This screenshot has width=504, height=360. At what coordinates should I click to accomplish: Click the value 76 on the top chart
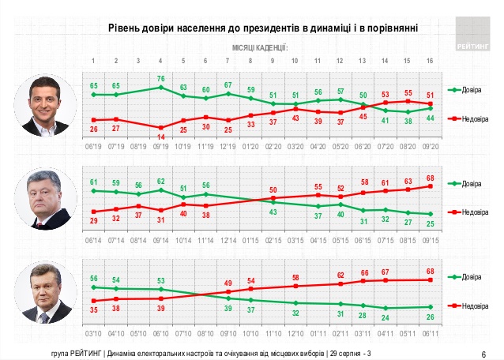point(161,78)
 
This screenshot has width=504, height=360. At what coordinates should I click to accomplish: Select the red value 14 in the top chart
point(161,136)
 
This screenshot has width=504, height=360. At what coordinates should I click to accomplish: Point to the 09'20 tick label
point(430,147)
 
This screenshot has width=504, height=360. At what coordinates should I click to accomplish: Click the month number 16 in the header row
point(430,60)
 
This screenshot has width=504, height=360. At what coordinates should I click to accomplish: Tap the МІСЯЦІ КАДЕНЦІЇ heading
point(260,47)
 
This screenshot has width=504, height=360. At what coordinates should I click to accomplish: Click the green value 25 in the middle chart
point(430,223)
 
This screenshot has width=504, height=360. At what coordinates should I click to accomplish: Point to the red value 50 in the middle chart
point(273,190)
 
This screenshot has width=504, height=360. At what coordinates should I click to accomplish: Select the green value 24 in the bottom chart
point(386,317)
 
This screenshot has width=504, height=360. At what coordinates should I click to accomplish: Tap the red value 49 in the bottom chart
point(228,283)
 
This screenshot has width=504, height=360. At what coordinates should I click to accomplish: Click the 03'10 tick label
point(94,333)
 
